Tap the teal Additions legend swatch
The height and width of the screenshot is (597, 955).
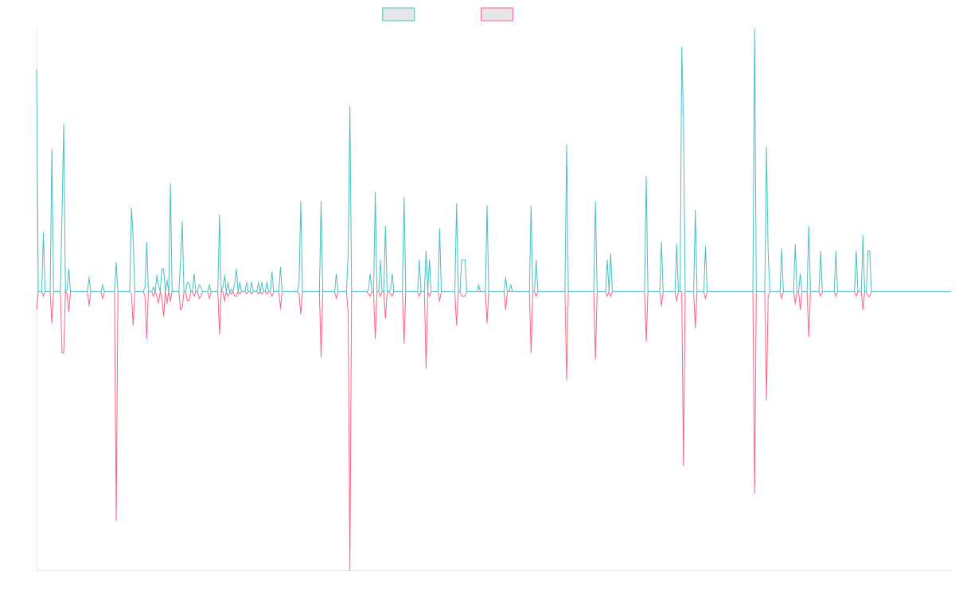399,14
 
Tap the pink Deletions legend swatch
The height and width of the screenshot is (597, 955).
497,14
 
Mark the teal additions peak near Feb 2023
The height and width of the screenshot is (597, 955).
681,47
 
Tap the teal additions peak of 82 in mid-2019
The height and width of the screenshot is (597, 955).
350,106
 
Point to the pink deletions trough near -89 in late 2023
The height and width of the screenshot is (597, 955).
754,493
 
